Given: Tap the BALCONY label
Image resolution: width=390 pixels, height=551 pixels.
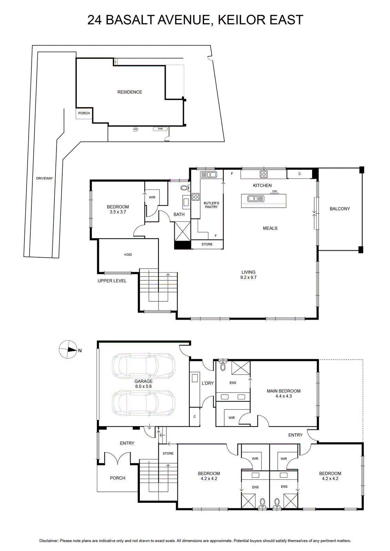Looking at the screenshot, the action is (x=340, y=209).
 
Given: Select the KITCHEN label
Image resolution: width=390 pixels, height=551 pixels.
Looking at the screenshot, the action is (x=262, y=186).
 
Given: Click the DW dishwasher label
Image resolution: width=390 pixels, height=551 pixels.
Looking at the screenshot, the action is (x=275, y=191).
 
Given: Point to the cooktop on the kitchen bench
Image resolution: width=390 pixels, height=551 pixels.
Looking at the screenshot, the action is (x=264, y=174).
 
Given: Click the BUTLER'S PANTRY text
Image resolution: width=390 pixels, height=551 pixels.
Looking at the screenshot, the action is (x=211, y=205).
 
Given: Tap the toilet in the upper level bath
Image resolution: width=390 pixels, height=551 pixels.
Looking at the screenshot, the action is (x=185, y=188).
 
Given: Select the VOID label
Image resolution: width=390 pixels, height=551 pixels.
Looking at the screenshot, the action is (x=128, y=254).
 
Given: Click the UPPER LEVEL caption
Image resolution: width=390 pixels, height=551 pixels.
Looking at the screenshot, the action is (x=112, y=281).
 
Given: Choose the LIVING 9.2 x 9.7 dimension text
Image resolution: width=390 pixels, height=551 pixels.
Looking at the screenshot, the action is (x=248, y=274).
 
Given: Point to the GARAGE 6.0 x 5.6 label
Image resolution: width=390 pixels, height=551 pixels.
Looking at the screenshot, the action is (x=143, y=384).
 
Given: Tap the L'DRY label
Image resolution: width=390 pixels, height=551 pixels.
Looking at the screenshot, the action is (x=208, y=383).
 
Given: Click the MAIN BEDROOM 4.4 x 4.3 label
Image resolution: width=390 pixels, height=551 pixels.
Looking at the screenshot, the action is (x=284, y=393).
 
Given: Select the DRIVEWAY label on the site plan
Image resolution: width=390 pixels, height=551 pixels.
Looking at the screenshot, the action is (x=44, y=178).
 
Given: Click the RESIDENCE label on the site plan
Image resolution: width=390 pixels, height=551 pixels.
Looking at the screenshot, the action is (x=130, y=92).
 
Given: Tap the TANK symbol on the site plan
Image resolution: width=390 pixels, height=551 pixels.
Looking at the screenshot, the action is (x=160, y=129).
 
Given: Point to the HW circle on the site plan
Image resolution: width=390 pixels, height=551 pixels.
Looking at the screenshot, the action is (x=136, y=129).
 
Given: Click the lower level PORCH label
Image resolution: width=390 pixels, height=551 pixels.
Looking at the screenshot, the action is (x=117, y=478).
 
